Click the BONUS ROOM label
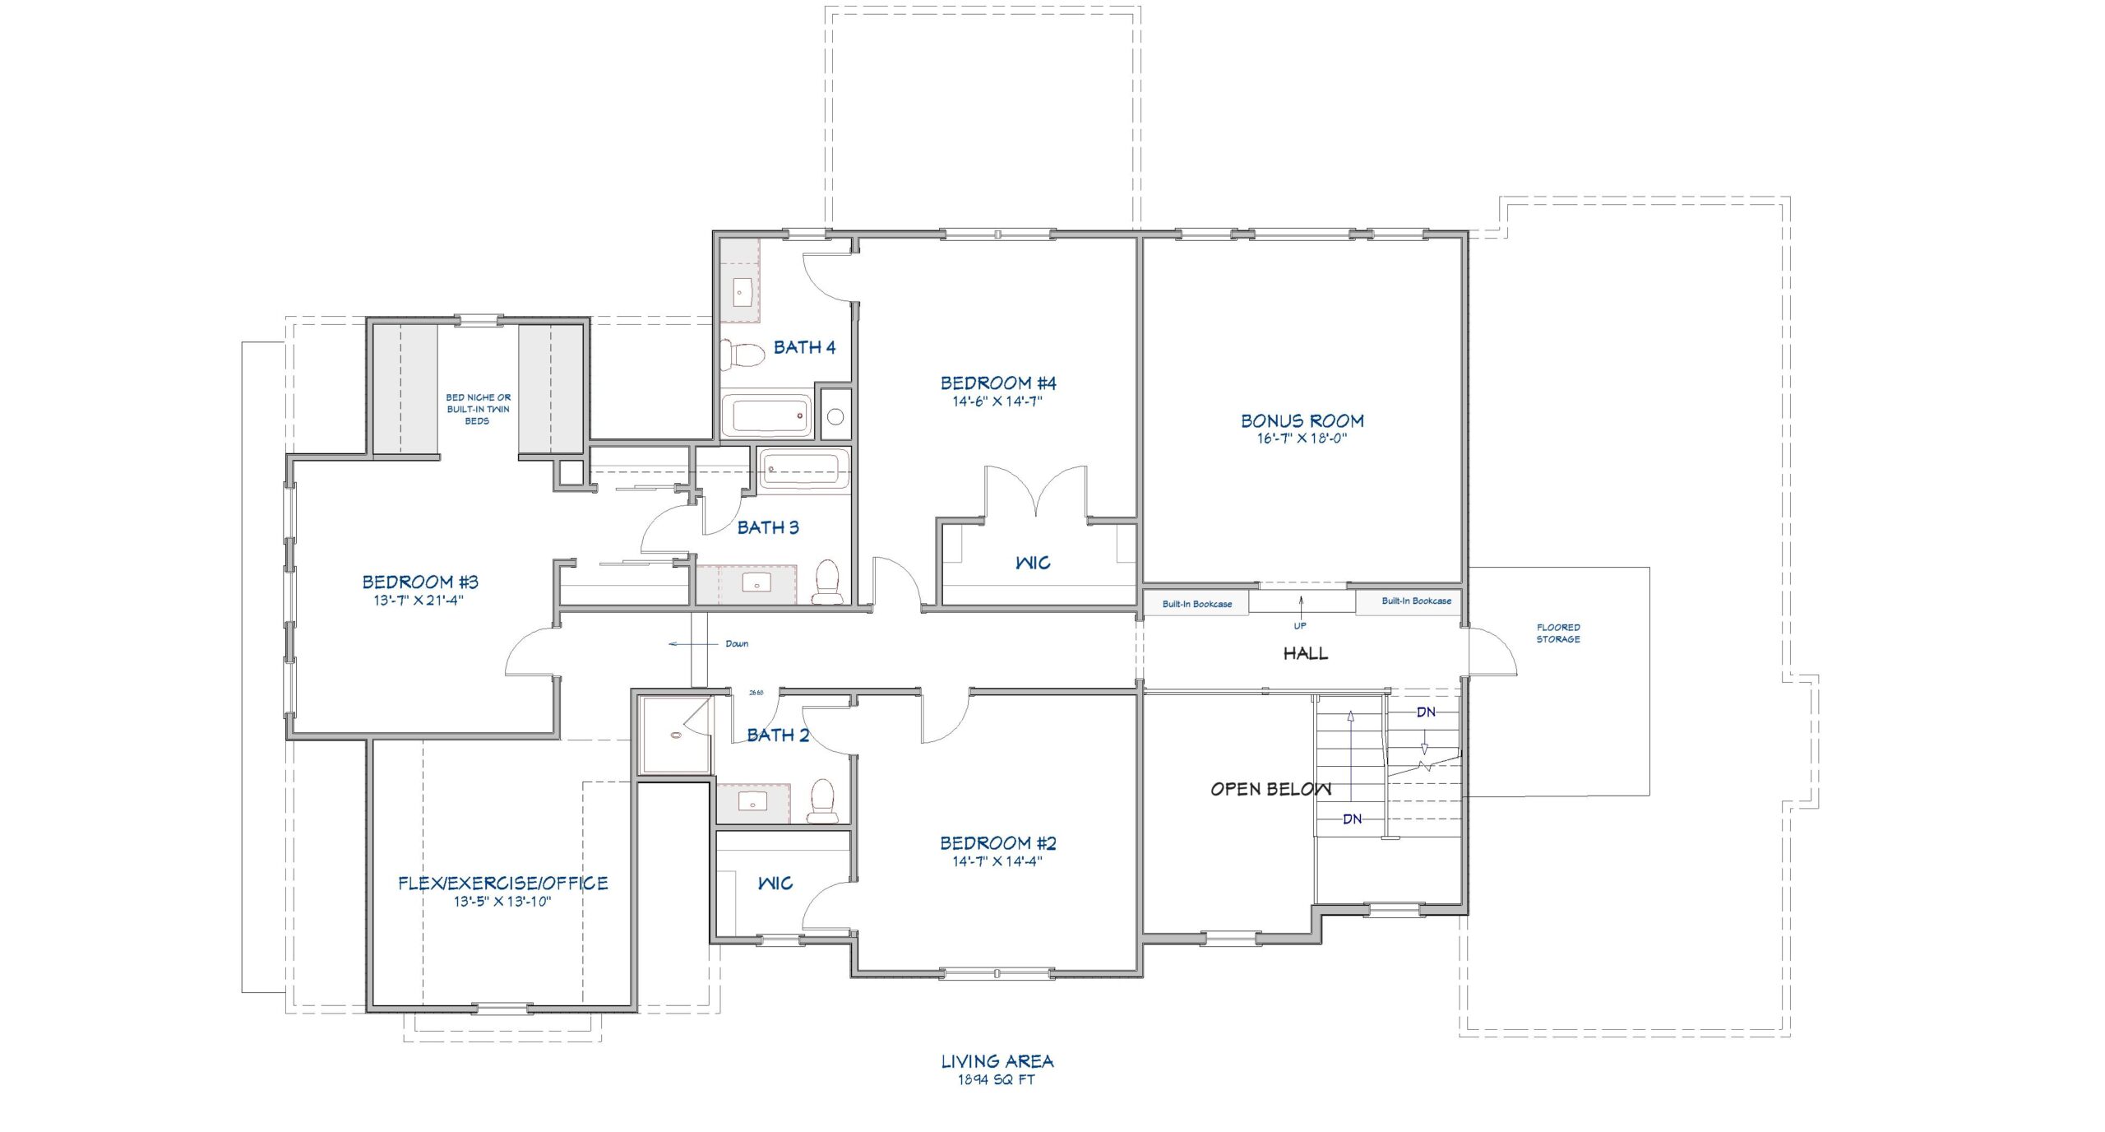tap(1302, 420)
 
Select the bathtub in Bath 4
tap(766, 414)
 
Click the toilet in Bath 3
tap(827, 581)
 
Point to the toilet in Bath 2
tap(822, 801)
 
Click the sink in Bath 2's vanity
tap(752, 800)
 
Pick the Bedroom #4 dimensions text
tap(997, 401)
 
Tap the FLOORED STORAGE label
tap(1558, 633)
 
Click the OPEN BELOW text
tap(1270, 789)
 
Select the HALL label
tap(1306, 653)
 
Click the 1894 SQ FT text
tap(997, 1079)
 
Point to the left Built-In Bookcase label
tap(1197, 604)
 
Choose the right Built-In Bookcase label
tap(1416, 601)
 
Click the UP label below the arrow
tap(1300, 625)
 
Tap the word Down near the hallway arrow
tap(737, 643)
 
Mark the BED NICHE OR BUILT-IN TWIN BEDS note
tap(478, 409)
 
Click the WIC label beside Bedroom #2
tap(775, 883)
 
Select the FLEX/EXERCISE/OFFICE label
tap(503, 883)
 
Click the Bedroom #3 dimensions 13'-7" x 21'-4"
tap(419, 600)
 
